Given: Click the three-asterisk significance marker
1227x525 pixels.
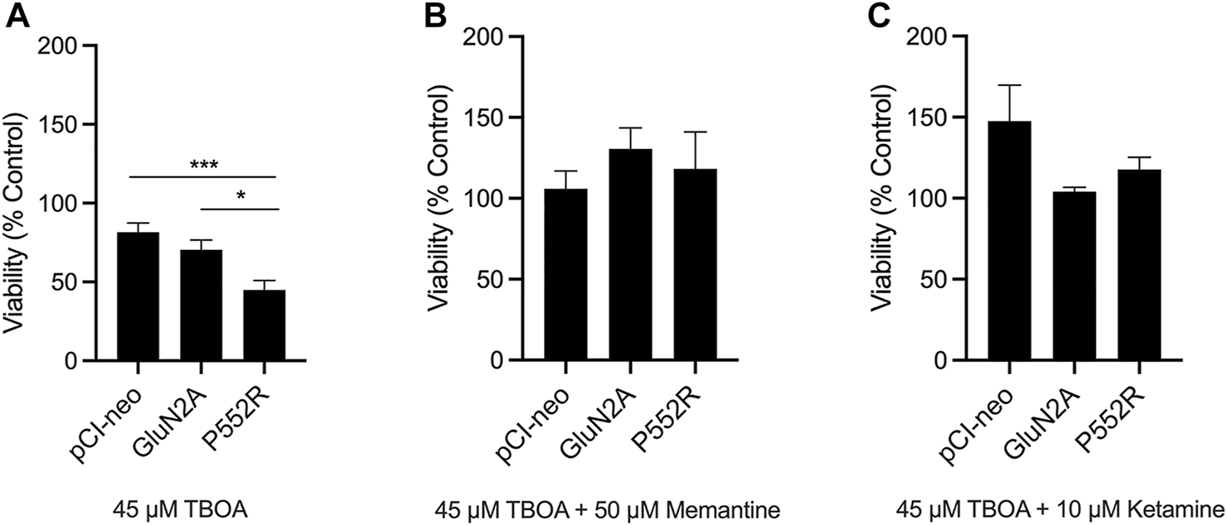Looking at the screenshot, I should pyautogui.click(x=204, y=165).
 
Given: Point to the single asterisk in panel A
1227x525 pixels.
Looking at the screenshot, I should pyautogui.click(x=240, y=196).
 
